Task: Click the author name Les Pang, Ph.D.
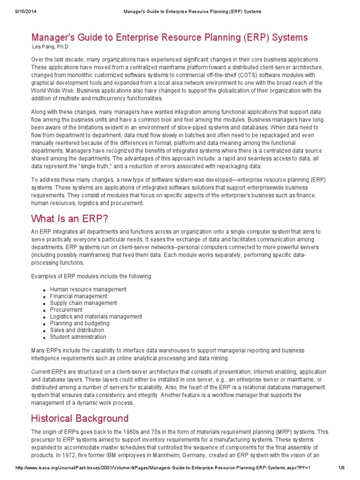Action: click(x=51, y=47)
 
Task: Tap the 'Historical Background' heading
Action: click(x=80, y=418)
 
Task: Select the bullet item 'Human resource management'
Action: click(x=88, y=290)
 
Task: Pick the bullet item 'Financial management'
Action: click(x=78, y=296)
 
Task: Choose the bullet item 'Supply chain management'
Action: click(x=83, y=303)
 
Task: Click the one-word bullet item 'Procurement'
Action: click(x=66, y=310)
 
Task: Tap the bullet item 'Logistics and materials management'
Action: click(x=96, y=317)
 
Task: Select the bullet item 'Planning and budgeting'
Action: click(x=80, y=323)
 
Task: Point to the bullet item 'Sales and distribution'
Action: click(x=77, y=330)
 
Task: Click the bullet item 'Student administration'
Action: click(x=78, y=337)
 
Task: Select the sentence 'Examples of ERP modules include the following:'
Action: click(x=91, y=276)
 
